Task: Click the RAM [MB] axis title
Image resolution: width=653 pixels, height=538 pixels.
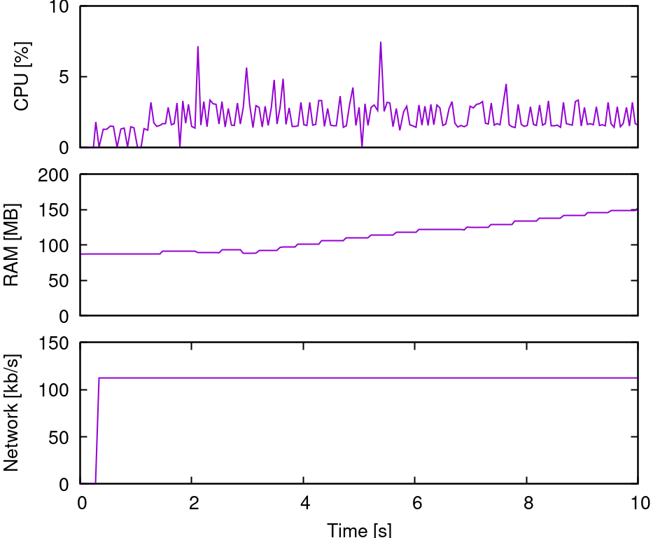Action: pyautogui.click(x=12, y=245)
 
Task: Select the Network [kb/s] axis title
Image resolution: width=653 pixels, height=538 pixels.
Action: pyautogui.click(x=12, y=413)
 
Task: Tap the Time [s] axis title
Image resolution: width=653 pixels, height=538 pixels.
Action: pyautogui.click(x=360, y=530)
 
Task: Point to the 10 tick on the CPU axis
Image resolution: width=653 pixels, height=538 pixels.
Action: pyautogui.click(x=60, y=8)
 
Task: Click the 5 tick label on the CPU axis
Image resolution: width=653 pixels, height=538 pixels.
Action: pyautogui.click(x=64, y=77)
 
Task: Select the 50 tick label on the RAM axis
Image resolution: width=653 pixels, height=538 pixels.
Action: pyautogui.click(x=60, y=281)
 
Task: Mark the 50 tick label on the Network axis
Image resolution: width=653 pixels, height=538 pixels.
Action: pyautogui.click(x=60, y=437)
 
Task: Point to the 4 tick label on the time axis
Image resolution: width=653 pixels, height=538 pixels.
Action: pyautogui.click(x=304, y=504)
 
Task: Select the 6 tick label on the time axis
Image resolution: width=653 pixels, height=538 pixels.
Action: pyautogui.click(x=416, y=504)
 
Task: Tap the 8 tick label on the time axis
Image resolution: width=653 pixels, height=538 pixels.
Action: pyautogui.click(x=527, y=504)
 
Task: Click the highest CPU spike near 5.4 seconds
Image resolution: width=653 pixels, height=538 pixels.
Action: pyautogui.click(x=381, y=42)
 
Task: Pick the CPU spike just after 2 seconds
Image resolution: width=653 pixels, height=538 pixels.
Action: pyautogui.click(x=198, y=47)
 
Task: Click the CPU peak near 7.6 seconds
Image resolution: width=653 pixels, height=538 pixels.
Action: pyautogui.click(x=506, y=85)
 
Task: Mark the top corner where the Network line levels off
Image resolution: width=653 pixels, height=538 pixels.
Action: pyautogui.click(x=99, y=378)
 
